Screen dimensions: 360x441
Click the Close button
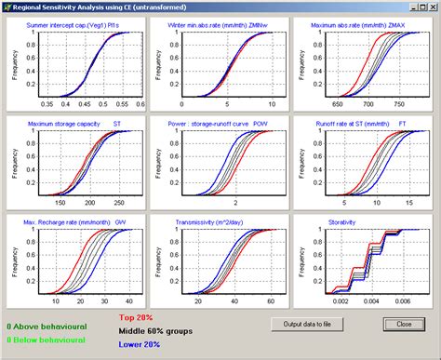403,324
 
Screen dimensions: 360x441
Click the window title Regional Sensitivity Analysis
89,7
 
